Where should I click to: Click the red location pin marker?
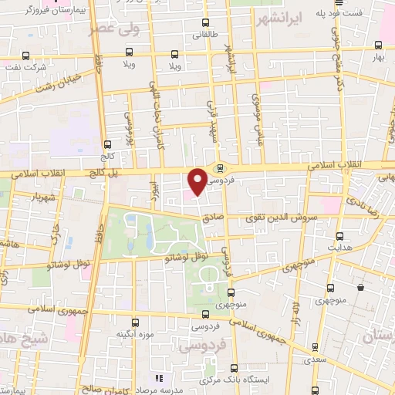tap(198, 181)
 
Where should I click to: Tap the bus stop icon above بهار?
tap(378, 46)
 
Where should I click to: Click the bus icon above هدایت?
tap(340, 235)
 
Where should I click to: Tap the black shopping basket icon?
tap(360, 288)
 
